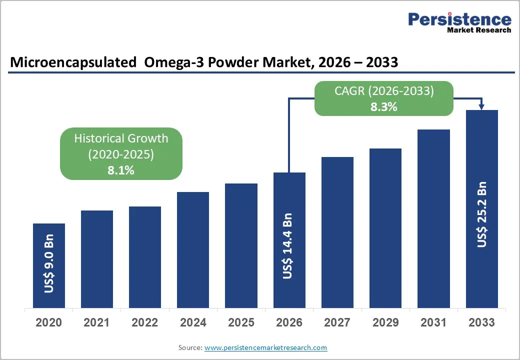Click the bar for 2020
tap(49, 265)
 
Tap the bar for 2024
tap(193, 250)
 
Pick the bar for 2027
tap(337, 232)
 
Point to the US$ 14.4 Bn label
tap(288, 246)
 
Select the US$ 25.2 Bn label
tap(482, 214)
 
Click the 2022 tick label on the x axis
tap(145, 322)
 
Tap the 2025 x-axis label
tap(241, 322)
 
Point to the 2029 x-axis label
tap(385, 322)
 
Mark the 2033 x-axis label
tap(482, 322)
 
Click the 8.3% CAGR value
tap(383, 106)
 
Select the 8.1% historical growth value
tap(121, 170)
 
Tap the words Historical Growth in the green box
tap(121, 138)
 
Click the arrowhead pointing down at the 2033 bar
tap(482, 106)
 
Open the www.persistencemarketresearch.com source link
tap(265, 347)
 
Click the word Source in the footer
tap(189, 347)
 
